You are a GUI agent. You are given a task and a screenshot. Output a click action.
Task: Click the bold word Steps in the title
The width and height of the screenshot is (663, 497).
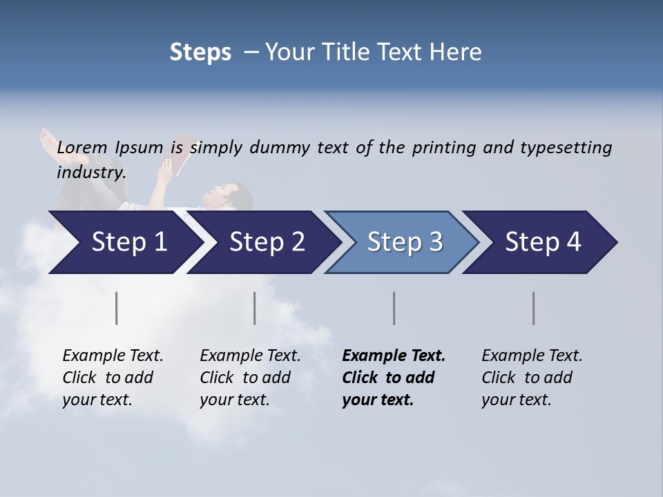[x=200, y=52]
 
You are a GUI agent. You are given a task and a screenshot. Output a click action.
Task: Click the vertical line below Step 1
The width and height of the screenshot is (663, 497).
[x=117, y=308]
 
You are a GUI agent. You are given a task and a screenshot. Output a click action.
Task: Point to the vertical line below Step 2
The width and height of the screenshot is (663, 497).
[x=255, y=308]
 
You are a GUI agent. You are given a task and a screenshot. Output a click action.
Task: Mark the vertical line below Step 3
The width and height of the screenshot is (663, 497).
[x=394, y=308]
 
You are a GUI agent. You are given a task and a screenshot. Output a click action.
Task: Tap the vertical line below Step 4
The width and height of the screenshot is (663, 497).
[x=533, y=308]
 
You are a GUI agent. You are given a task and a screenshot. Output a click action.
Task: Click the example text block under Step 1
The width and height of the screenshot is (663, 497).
[x=113, y=378]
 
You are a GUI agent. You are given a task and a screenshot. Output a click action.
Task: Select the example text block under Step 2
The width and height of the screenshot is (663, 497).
[x=250, y=378]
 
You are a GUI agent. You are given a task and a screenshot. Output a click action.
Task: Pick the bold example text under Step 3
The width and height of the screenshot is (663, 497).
[x=394, y=378]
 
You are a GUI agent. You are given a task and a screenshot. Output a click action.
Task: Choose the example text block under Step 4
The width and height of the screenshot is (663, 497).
[x=532, y=378]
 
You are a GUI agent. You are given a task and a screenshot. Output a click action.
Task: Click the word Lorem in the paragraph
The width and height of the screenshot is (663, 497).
[x=82, y=148]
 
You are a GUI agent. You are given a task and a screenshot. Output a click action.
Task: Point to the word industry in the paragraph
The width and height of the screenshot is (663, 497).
[x=91, y=173]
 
